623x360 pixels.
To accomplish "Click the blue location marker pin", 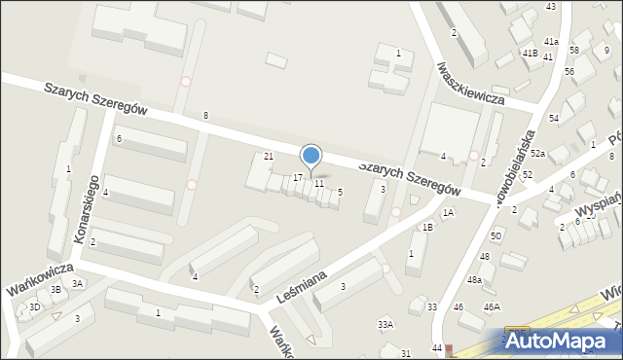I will pyautogui.click(x=311, y=156).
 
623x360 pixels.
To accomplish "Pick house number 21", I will pyautogui.click(x=269, y=157).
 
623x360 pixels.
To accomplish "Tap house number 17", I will pyautogui.click(x=298, y=178).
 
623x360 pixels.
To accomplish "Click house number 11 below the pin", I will pyautogui.click(x=318, y=184).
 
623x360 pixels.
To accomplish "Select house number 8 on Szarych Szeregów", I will pyautogui.click(x=205, y=116).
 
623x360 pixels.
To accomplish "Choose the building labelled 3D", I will pyautogui.click(x=35, y=306).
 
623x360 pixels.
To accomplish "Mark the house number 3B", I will pyautogui.click(x=56, y=289).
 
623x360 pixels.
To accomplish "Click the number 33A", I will pyautogui.click(x=385, y=324).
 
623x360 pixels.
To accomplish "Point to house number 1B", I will pyautogui.click(x=427, y=227).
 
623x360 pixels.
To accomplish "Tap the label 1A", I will pyautogui.click(x=448, y=212).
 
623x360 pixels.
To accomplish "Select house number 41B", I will pyautogui.click(x=530, y=53).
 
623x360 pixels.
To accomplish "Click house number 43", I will pyautogui.click(x=550, y=7).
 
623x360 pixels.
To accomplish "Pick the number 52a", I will pyautogui.click(x=537, y=154).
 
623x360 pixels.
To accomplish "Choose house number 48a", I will pyautogui.click(x=473, y=279).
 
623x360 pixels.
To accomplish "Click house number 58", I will pyautogui.click(x=573, y=50).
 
